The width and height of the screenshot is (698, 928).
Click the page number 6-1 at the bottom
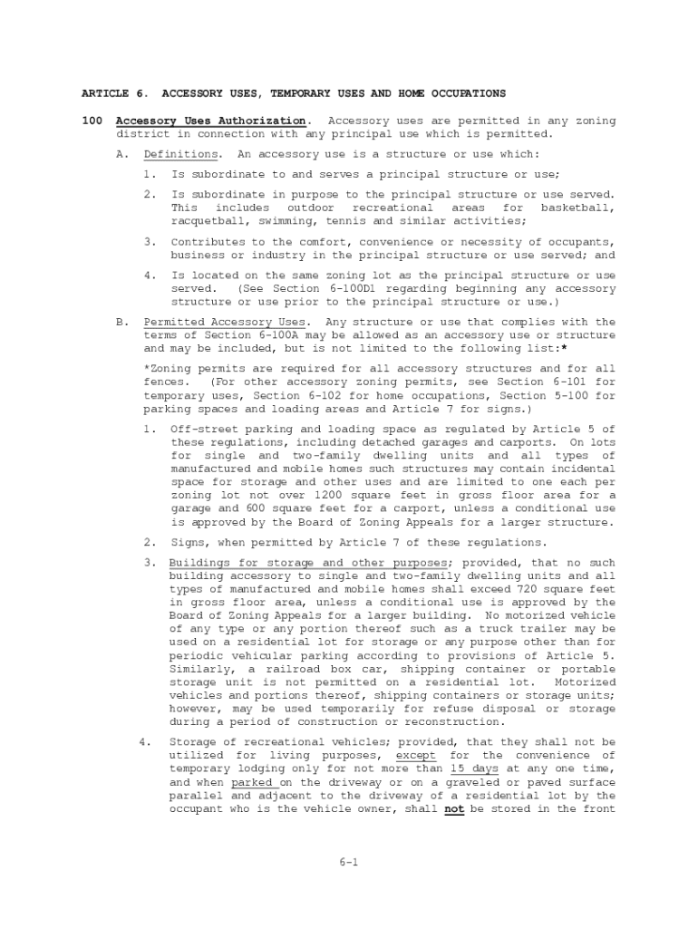(x=349, y=862)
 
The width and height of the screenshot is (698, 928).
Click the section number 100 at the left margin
(x=92, y=121)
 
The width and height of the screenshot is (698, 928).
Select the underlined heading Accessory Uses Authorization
(x=210, y=121)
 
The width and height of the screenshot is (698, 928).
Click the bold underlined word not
(x=454, y=809)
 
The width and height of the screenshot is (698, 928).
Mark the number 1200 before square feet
(x=327, y=496)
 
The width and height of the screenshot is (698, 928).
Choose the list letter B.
(x=120, y=322)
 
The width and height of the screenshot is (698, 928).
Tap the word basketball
(x=577, y=208)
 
